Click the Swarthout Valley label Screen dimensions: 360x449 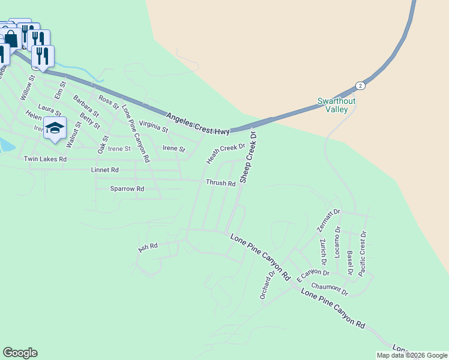(x=336, y=105)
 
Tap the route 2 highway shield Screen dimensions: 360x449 (x=360, y=85)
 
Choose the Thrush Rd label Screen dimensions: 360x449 (x=220, y=183)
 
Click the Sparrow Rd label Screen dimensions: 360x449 (x=127, y=188)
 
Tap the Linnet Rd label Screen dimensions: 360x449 (x=105, y=170)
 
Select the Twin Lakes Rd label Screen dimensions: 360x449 (x=45, y=159)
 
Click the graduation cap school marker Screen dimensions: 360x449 (x=55, y=128)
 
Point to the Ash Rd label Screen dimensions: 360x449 (x=148, y=247)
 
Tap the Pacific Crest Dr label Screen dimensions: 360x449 (x=362, y=254)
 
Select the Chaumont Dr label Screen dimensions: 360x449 (x=330, y=290)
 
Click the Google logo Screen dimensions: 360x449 (x=20, y=353)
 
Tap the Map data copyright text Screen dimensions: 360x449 (x=412, y=355)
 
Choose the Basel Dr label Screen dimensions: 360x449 (x=350, y=262)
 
